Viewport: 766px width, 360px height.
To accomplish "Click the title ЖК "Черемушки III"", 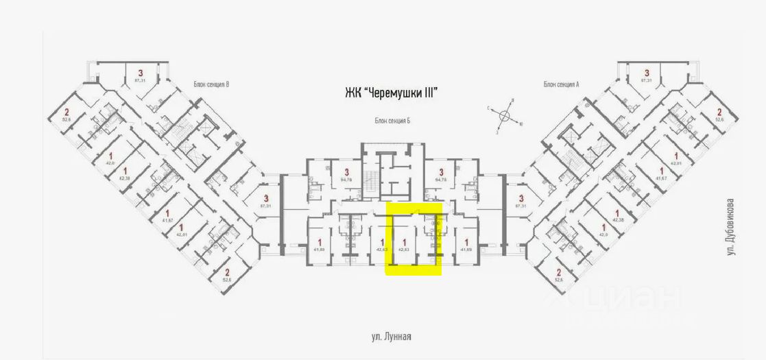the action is coord(391,93).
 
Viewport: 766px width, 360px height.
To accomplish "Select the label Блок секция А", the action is coord(562,84).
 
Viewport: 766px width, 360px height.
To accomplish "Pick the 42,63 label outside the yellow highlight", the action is coord(381,250).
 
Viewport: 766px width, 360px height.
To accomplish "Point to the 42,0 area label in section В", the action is coord(109,163).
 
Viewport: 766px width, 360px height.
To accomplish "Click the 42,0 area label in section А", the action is coord(604,235).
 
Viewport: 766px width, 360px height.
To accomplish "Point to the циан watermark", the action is coord(614,302).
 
